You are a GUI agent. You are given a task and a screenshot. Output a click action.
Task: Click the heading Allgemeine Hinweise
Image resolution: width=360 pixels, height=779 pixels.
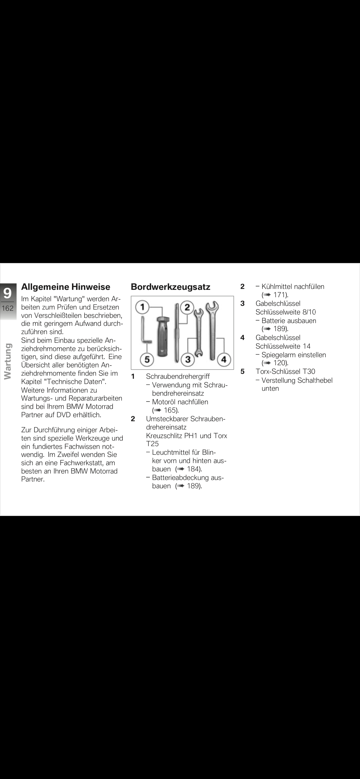click(x=66, y=287)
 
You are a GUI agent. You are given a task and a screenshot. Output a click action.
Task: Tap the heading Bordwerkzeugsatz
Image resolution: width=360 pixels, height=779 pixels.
click(x=170, y=287)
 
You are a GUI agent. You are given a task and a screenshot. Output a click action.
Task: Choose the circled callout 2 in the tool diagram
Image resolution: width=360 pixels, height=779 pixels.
click(x=187, y=307)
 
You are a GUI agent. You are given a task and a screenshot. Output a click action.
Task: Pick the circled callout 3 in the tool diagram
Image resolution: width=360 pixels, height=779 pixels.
click(x=188, y=359)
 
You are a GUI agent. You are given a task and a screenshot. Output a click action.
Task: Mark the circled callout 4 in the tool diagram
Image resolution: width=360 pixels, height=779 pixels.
click(x=224, y=359)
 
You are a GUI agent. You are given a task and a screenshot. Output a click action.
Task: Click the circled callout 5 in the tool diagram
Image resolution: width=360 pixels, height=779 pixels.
click(x=147, y=359)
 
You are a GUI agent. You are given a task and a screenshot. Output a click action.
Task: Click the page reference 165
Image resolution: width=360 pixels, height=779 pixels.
click(x=171, y=410)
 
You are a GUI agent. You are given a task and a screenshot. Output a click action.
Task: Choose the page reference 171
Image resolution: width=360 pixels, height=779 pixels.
click(x=280, y=295)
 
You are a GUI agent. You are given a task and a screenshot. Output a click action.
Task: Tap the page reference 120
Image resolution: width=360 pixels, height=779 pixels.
click(x=280, y=363)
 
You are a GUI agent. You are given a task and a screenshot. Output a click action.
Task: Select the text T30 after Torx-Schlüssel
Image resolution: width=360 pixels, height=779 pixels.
click(x=309, y=371)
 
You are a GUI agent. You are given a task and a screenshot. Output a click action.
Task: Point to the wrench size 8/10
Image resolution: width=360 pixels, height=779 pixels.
click(x=309, y=312)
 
